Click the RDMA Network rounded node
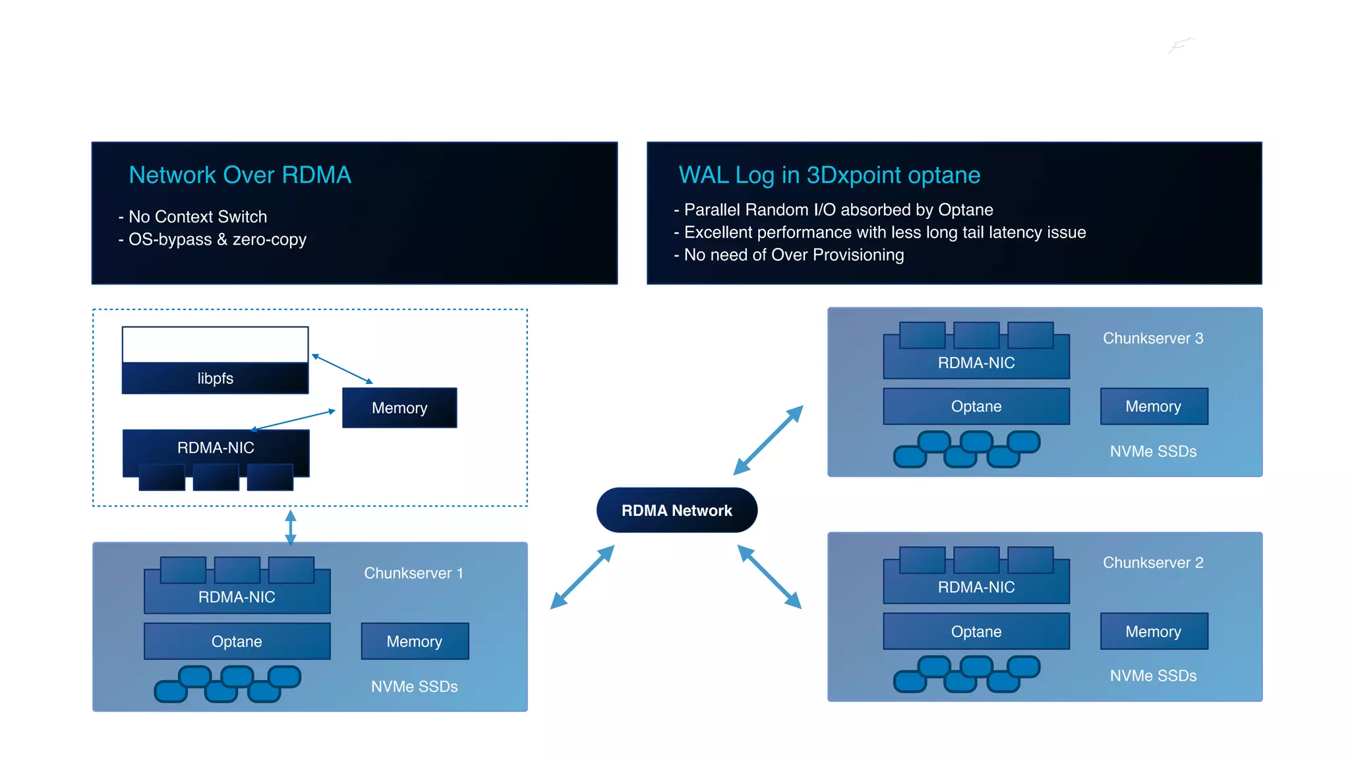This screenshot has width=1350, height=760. tap(676, 510)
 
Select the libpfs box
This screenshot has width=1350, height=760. tap(215, 378)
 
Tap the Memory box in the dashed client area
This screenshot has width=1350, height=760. tap(399, 408)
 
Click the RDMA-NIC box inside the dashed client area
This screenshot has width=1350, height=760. tap(216, 448)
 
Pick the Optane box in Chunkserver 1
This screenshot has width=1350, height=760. tap(237, 641)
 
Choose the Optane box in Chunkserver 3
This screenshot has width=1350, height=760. tap(976, 406)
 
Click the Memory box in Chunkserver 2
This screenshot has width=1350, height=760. tap(1153, 631)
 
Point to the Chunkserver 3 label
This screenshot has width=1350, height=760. tap(1153, 338)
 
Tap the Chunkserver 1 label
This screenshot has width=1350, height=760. tap(413, 573)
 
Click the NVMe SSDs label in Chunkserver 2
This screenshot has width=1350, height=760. tap(1153, 676)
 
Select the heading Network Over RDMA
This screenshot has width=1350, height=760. tap(240, 175)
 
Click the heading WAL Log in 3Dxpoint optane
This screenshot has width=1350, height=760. tap(829, 175)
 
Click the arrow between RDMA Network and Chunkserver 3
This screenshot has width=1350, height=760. tap(768, 440)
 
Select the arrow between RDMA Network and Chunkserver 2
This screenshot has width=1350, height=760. tap(769, 576)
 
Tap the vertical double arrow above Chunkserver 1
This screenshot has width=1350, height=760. tap(291, 527)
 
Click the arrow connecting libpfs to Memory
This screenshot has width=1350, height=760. tap(342, 369)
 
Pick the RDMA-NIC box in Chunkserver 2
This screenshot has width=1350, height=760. tap(976, 587)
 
